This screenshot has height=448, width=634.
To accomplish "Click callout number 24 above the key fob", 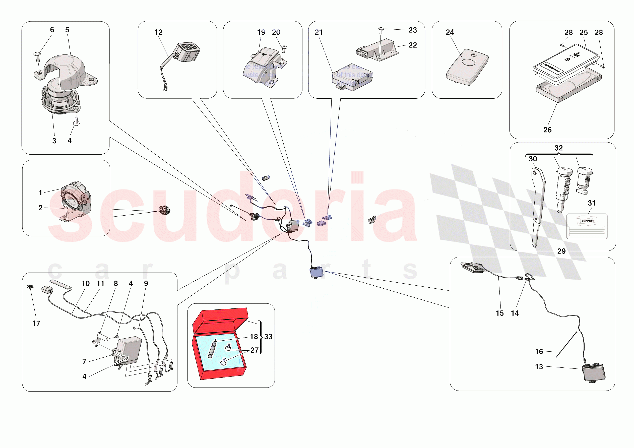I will [450, 32].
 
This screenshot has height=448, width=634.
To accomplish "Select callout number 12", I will [158, 32].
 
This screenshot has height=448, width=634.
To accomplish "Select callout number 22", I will [412, 45].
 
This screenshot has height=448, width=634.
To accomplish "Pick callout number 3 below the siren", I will [54, 141].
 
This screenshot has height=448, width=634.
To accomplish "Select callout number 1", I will [40, 193].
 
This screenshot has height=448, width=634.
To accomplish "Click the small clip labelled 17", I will [30, 287].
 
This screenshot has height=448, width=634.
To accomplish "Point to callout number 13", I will [538, 366].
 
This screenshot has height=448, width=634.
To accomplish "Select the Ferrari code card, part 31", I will [587, 226].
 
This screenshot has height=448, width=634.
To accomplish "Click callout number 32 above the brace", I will [558, 148].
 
